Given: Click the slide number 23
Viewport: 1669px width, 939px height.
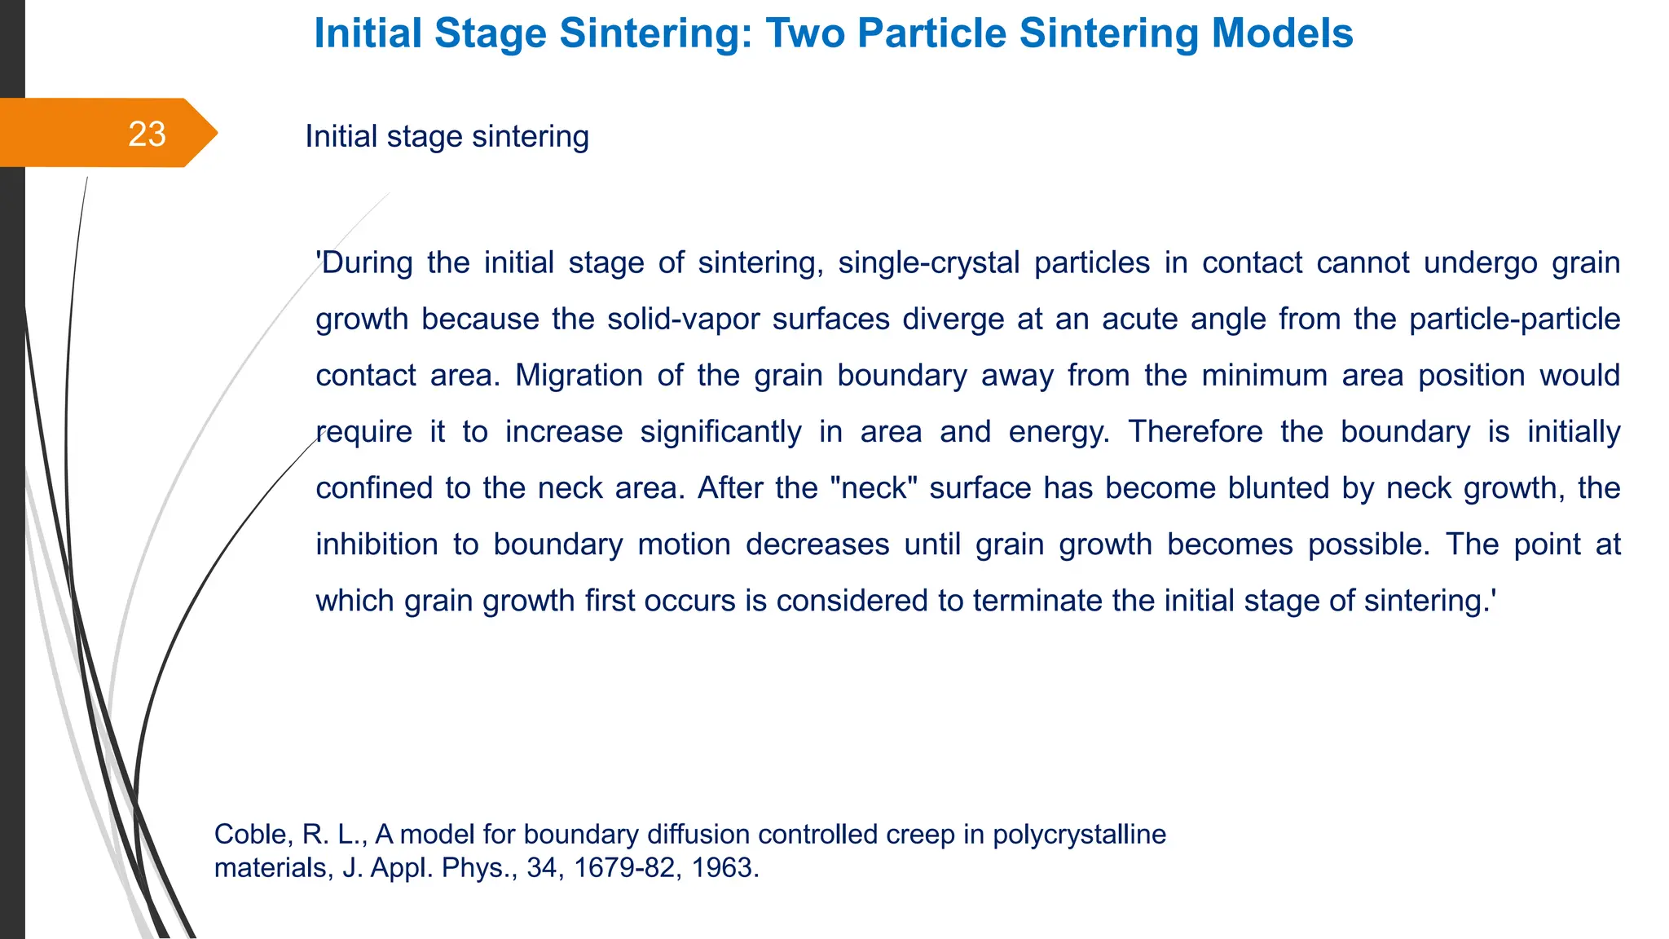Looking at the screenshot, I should [147, 134].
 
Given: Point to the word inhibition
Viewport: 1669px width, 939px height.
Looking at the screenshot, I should [377, 544].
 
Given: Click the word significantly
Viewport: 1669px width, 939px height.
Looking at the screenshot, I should [720, 432].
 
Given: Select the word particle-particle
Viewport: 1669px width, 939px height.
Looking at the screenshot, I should [1514, 320].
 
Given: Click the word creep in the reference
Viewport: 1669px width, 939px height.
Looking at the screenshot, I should [921, 835].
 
